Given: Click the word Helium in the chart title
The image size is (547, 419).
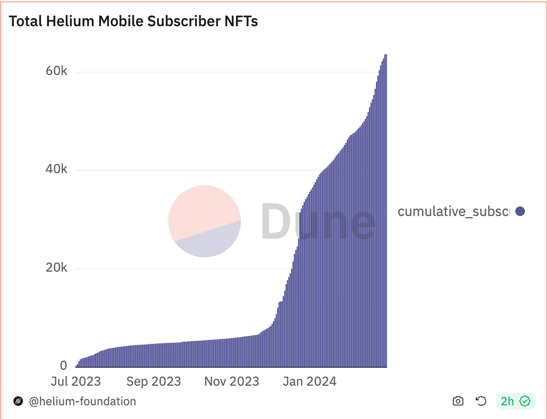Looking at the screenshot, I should [x=71, y=21].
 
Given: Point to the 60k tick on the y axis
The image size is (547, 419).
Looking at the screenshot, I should [x=56, y=71].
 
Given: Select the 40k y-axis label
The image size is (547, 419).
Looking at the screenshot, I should [x=56, y=169].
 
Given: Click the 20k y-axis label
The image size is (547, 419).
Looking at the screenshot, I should [x=56, y=267].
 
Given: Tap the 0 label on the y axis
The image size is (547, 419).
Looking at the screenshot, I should [x=63, y=365].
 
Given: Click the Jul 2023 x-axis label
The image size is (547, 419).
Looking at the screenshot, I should [x=76, y=381].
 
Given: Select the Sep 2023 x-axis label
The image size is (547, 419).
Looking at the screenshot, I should [x=154, y=381].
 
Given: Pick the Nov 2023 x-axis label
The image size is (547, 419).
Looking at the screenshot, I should [x=232, y=381].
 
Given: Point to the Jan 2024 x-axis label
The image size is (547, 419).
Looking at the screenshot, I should [x=309, y=381].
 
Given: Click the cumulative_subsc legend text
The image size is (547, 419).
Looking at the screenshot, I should [x=453, y=211].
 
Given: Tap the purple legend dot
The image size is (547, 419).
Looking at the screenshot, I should [x=520, y=211].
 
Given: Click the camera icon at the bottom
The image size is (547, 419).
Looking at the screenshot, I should [x=458, y=401].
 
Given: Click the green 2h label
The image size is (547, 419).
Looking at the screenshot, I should [x=507, y=401].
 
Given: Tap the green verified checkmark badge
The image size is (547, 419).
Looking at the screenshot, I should [x=525, y=401].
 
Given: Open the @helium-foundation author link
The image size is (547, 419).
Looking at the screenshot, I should [x=82, y=401].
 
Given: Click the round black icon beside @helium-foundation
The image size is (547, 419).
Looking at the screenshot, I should [x=18, y=401].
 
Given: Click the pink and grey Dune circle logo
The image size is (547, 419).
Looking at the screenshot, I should [x=204, y=221].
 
